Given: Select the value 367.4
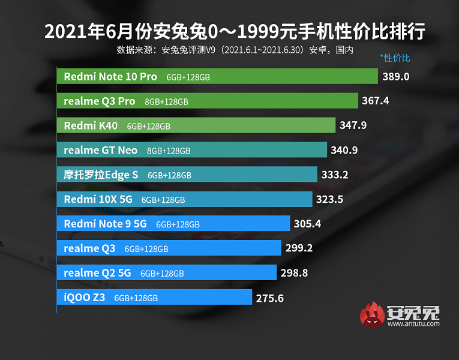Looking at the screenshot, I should point(375,101).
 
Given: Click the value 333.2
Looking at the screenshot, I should point(334,175).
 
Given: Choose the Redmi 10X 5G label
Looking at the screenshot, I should point(98,199).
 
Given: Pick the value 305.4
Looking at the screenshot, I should point(308,224).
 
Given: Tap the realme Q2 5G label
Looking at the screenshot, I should point(97,272).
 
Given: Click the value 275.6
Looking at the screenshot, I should point(269,297).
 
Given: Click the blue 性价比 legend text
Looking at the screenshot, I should point(395,58).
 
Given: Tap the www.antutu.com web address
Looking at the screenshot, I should point(413,324).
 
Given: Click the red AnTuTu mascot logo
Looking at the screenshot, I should point(373,316).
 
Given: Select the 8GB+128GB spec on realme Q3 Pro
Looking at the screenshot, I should point(166,101).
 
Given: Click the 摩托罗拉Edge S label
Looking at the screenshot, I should point(101,175).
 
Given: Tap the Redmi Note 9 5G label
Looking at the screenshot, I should point(105,224).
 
